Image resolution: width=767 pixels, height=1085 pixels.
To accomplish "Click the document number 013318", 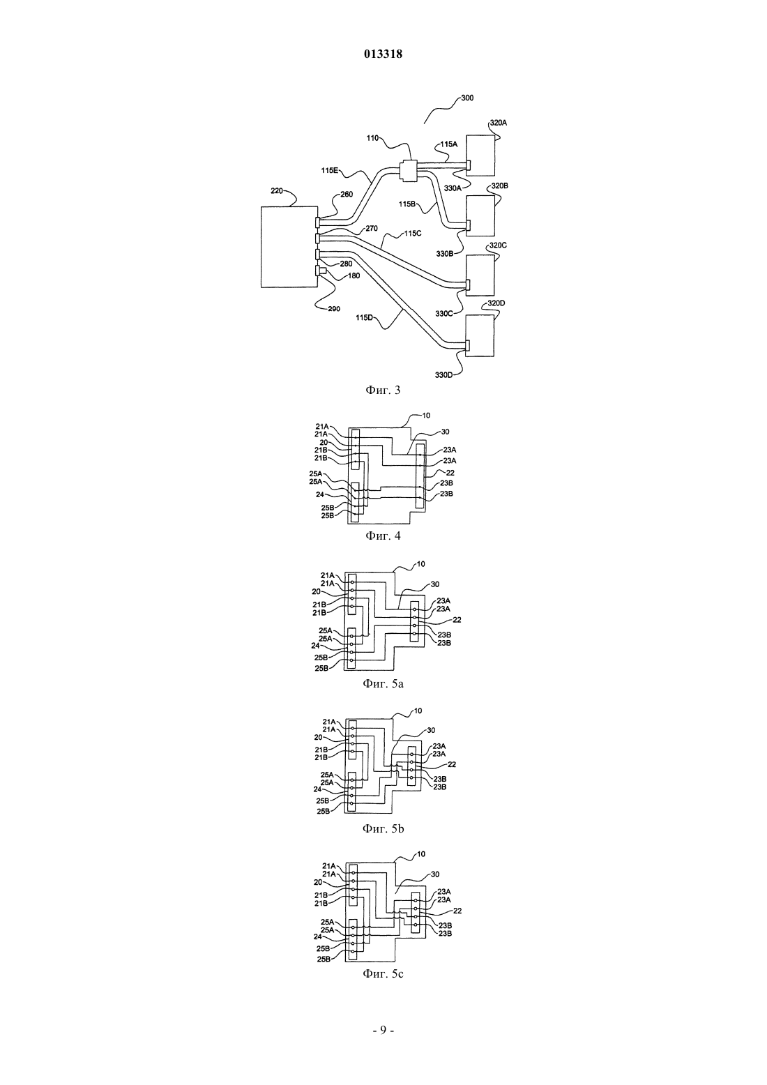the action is (x=383, y=54).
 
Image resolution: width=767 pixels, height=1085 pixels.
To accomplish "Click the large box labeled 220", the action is (x=289, y=247).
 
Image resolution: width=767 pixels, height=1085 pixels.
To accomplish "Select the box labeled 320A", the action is (x=480, y=155).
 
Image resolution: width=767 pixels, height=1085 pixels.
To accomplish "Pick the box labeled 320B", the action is (x=480, y=215).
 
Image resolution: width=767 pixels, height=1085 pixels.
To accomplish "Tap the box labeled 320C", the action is (x=480, y=275).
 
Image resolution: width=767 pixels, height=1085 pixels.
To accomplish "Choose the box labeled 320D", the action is (x=480, y=336).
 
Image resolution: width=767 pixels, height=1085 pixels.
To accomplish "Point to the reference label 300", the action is (x=467, y=98).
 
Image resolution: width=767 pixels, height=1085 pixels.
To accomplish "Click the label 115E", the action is (x=329, y=171).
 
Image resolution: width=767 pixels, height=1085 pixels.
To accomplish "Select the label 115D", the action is (x=365, y=318).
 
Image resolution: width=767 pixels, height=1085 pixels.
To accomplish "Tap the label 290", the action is (x=333, y=308).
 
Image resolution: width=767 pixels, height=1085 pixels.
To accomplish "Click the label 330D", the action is (x=443, y=375).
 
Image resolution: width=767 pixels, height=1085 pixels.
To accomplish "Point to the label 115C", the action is (x=413, y=233).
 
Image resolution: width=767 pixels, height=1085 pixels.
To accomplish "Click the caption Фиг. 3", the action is (x=383, y=390).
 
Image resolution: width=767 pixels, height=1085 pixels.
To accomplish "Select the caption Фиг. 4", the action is (x=383, y=536).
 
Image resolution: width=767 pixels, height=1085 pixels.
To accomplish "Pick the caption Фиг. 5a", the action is (x=383, y=684).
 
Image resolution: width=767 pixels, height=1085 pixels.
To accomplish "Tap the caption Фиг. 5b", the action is (x=383, y=829).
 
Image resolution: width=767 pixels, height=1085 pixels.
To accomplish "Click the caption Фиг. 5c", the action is (x=383, y=973).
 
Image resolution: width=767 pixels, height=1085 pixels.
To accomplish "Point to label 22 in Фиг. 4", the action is (x=450, y=473).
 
